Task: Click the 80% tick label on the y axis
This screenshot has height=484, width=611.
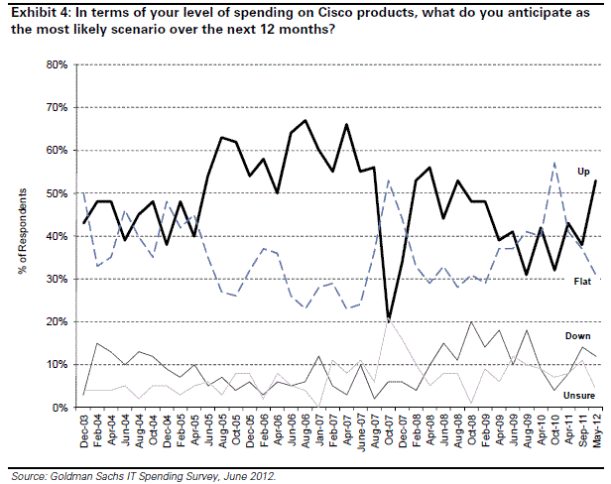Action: point(56,64)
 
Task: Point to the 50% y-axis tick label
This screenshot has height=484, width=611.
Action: point(56,193)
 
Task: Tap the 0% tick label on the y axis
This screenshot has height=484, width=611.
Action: point(59,408)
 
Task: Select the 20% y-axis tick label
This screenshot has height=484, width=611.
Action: point(56,321)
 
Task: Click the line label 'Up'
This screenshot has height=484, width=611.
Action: point(584,172)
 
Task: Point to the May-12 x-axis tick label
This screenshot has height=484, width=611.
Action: point(593,431)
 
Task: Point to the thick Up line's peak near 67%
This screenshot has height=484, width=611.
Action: point(305,121)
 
